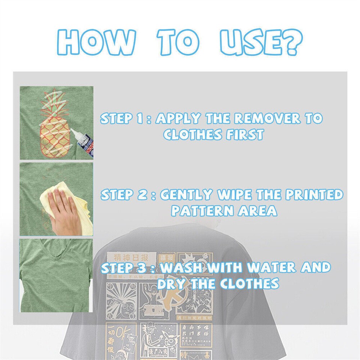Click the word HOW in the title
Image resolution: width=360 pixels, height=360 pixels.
pyautogui.click(x=96, y=43)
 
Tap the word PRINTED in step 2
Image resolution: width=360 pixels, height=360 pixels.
pyautogui.click(x=314, y=195)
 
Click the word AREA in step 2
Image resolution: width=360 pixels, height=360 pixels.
pyautogui.click(x=258, y=211)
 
